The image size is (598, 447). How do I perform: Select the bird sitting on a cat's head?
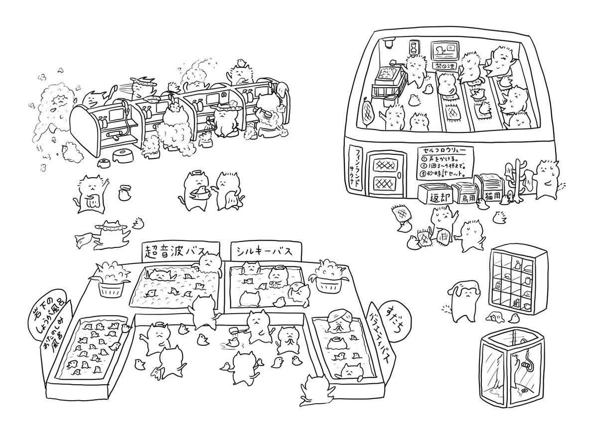click(241, 62)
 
